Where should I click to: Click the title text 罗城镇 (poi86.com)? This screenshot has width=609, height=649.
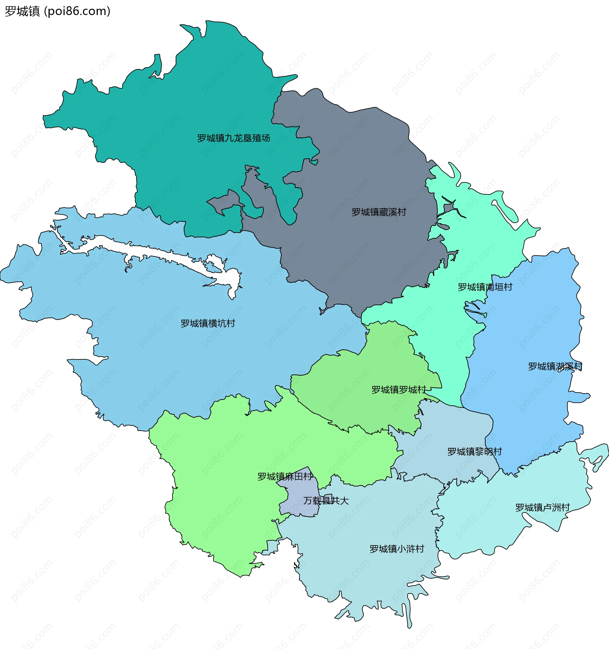[x=57, y=11]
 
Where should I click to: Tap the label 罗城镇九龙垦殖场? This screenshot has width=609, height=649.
[x=233, y=138]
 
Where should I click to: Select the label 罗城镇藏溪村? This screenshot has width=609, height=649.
[x=379, y=212]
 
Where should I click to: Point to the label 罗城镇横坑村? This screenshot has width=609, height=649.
[x=208, y=323]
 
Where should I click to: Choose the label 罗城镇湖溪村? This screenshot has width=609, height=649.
[x=555, y=366]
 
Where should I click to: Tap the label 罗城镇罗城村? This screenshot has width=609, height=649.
[x=398, y=390]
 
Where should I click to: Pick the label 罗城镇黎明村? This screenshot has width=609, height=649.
[x=474, y=451]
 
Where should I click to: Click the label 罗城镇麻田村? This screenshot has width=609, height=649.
[x=285, y=477]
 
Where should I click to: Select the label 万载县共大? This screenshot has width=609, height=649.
[x=326, y=501]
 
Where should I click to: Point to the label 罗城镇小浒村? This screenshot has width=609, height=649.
[x=396, y=549]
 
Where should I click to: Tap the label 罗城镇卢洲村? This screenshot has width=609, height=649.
[x=542, y=507]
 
